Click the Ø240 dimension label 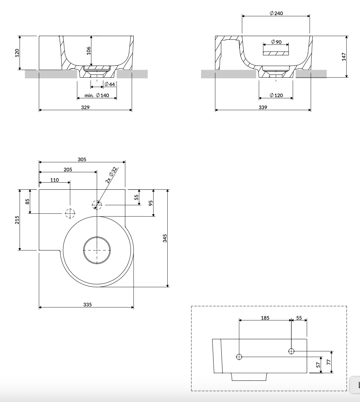(276, 13)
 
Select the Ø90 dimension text (276, 42)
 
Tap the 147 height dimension (344, 57)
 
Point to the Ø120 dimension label (276, 95)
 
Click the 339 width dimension (263, 107)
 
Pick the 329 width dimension (85, 107)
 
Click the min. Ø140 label (97, 95)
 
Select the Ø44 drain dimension (110, 84)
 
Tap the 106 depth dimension (89, 51)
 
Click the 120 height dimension (17, 53)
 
